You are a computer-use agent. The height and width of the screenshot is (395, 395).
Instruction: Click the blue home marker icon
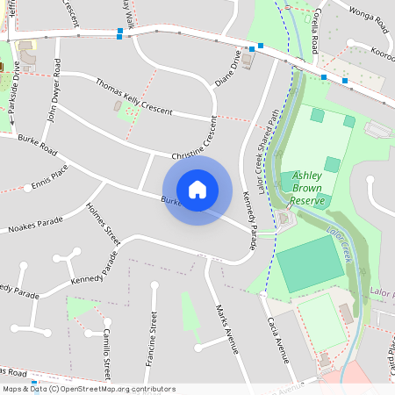pos(197,189)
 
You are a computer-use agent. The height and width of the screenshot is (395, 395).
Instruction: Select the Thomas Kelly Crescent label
pos(134,98)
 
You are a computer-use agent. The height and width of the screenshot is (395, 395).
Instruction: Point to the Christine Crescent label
pos(195,140)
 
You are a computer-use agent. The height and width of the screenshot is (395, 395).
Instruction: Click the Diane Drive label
pos(227,68)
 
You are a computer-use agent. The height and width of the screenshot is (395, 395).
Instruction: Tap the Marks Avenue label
pos(226,328)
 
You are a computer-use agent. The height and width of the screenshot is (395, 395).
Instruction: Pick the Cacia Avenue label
pos(276,341)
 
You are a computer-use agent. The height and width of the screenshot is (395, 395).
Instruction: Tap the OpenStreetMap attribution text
pos(88,388)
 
